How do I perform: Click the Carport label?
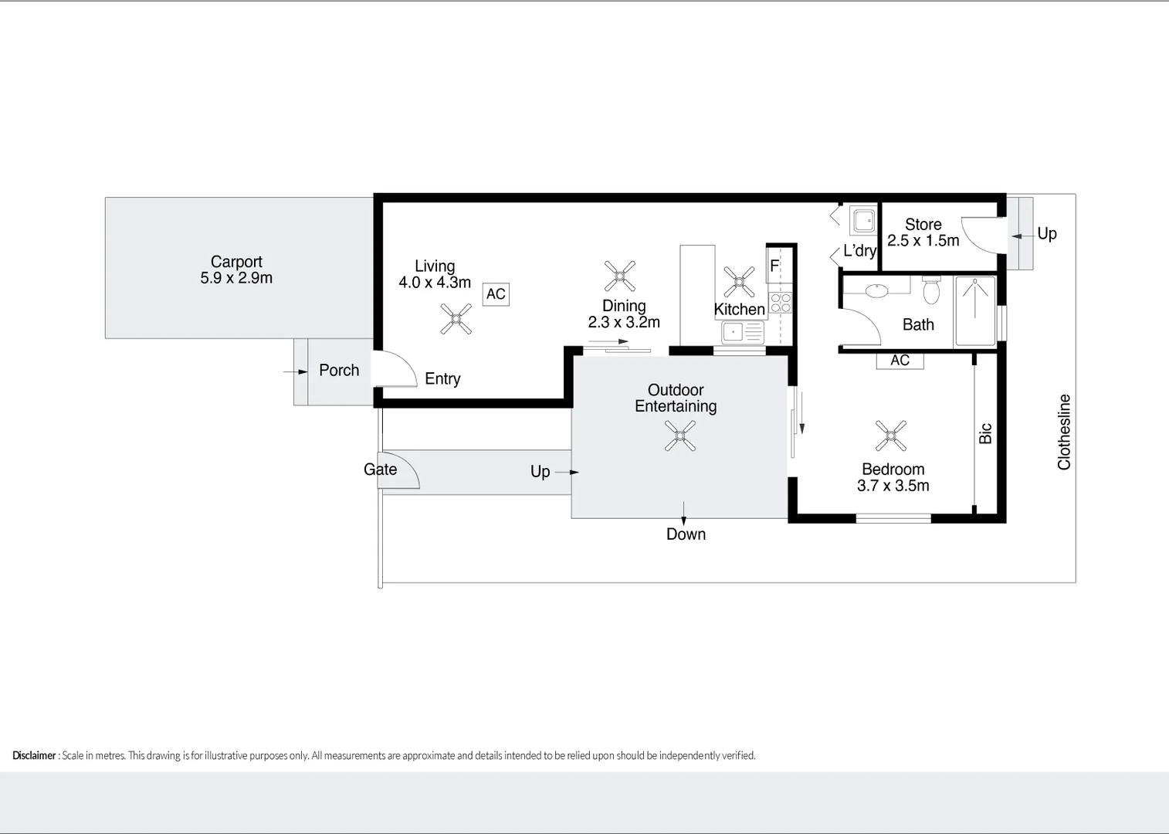(236, 262)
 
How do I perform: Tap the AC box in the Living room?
(496, 294)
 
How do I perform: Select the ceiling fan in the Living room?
(456, 319)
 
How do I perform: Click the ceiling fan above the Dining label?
(620, 276)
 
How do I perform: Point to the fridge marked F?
(775, 266)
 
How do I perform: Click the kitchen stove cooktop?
(781, 303)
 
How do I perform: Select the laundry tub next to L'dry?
(863, 220)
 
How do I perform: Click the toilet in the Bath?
(931, 290)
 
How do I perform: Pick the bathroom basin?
(876, 291)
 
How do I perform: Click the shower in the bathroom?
(975, 310)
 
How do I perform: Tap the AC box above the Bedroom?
(900, 361)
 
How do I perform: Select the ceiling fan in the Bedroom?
(890, 436)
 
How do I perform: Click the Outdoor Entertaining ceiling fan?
(680, 436)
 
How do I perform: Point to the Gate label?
(380, 470)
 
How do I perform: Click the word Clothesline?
(1064, 432)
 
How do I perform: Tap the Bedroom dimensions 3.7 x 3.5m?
(893, 486)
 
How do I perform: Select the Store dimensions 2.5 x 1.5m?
(923, 241)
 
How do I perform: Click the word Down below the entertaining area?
(686, 534)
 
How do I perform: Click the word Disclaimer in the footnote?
(34, 755)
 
